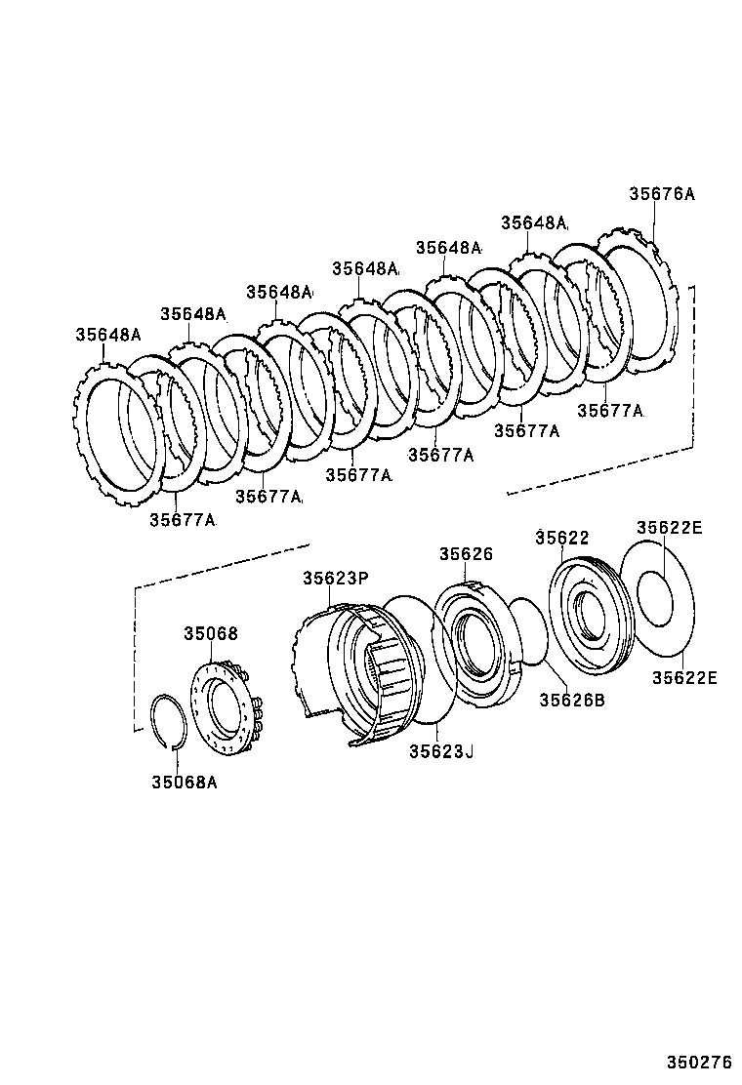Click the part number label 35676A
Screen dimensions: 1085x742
[x=661, y=194]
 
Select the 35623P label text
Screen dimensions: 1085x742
[x=335, y=579]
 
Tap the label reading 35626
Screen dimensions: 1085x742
[x=465, y=553]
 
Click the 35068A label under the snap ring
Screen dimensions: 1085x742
[x=184, y=781]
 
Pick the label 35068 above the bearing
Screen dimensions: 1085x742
[x=210, y=633]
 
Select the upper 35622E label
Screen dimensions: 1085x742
[x=669, y=528]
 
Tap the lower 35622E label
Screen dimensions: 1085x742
[x=684, y=677]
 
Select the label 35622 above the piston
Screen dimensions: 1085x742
[x=562, y=538]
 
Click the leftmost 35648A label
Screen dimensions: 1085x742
[x=108, y=335]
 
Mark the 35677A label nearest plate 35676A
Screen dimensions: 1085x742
[x=610, y=411]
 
